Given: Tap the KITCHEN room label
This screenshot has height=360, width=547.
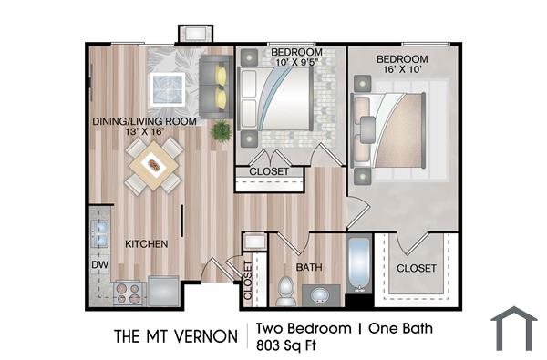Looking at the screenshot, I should click(145, 243).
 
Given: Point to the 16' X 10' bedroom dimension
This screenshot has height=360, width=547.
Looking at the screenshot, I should click(402, 69).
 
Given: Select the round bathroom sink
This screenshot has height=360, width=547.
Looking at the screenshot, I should click(320, 295).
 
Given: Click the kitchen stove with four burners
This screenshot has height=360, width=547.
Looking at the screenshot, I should click(127, 293).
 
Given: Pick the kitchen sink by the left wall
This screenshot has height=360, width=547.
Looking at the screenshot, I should click(99, 228).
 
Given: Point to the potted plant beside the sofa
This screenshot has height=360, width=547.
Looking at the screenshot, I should click(220, 131).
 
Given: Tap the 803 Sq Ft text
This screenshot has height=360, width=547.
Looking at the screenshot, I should click(291, 345).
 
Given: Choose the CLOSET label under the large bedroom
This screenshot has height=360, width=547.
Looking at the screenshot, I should click(417, 268).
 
